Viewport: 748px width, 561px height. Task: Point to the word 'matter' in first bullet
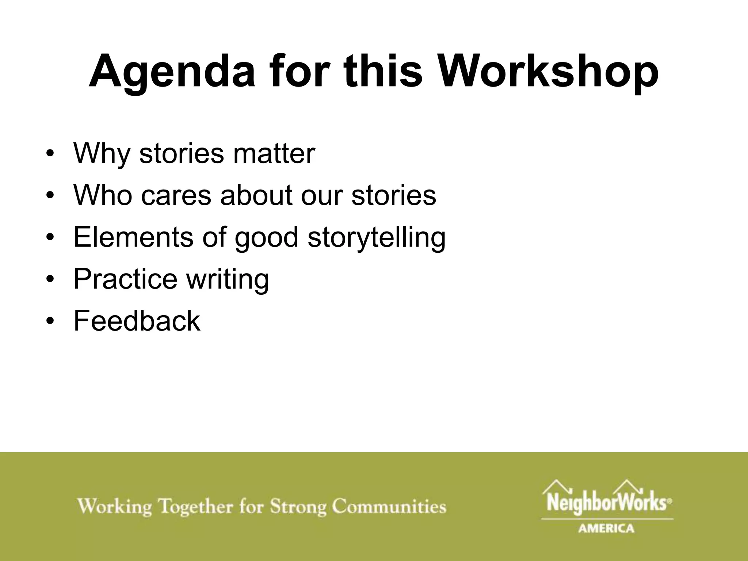pyautogui.click(x=274, y=153)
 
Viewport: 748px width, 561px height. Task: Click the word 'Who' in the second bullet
pyautogui.click(x=103, y=195)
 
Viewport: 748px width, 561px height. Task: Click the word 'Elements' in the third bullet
pyautogui.click(x=133, y=237)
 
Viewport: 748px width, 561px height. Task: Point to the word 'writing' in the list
pyautogui.click(x=227, y=279)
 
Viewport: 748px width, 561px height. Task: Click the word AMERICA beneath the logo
pyautogui.click(x=606, y=528)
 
